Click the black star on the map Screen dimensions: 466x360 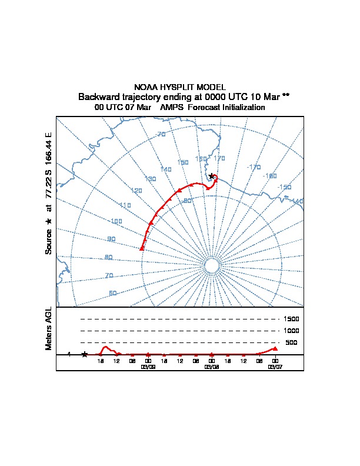[212, 176]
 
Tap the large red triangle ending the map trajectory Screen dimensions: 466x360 [142, 249]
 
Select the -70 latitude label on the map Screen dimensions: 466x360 [161, 135]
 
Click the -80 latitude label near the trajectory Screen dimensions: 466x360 [188, 201]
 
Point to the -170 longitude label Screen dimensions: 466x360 [254, 167]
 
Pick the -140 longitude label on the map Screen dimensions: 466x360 [297, 201]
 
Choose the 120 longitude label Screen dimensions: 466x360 [136, 191]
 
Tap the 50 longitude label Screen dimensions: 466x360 [113, 293]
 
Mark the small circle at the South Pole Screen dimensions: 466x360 [211, 267]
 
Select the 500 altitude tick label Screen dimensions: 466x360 [292, 342]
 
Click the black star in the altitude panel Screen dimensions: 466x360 [85, 354]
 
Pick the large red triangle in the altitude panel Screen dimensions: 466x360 [275, 348]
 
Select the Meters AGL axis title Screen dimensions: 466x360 [49, 328]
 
